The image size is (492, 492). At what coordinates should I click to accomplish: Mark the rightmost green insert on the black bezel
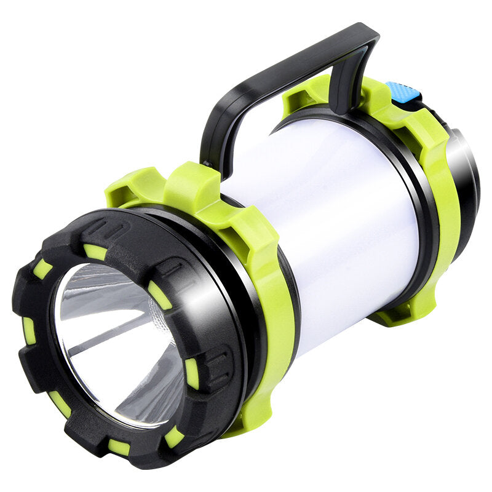tap(192, 373)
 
